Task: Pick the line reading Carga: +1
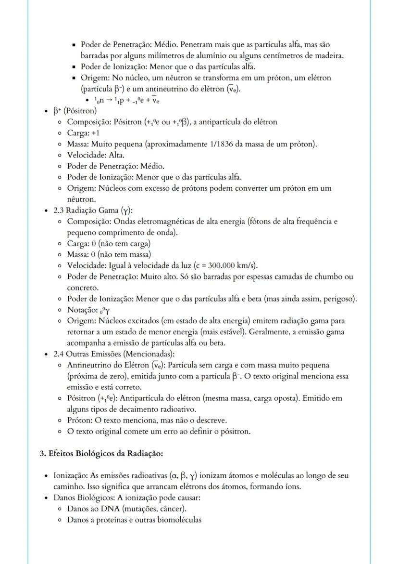coord(83,133)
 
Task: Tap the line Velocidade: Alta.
coord(96,155)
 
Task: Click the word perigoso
coord(339,299)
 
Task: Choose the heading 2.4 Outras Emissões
coord(106,354)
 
